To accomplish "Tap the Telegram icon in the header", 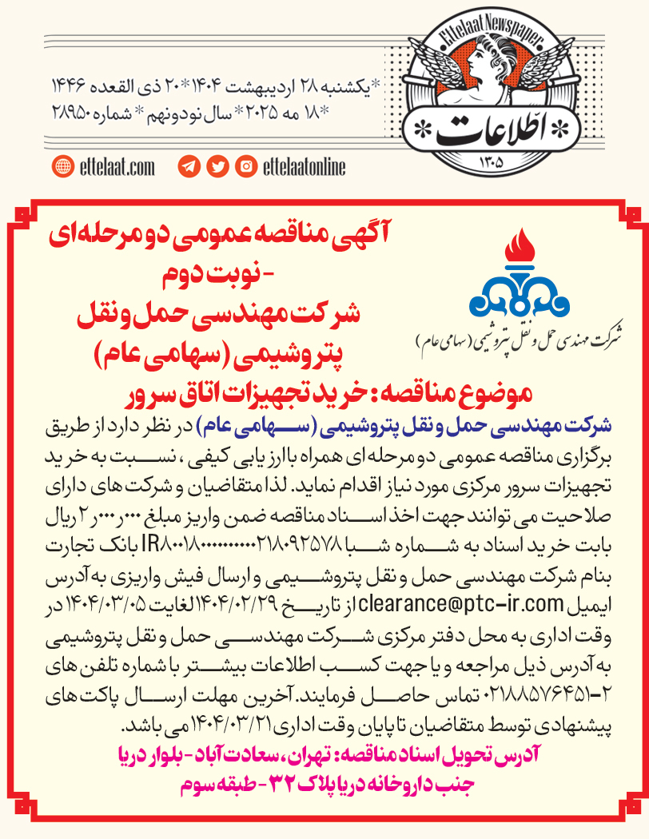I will pos(189,167).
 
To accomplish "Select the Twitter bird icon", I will pos(217,167).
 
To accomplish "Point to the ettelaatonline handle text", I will pos(304,167).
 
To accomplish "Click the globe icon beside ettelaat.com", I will pos(62,167).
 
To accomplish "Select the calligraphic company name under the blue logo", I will pos(521,336).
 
